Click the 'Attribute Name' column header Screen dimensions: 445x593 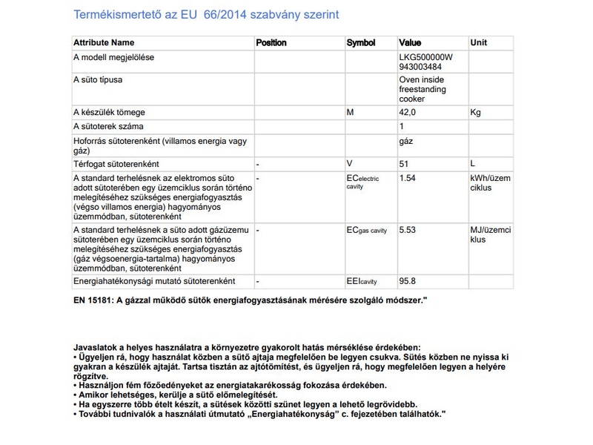click(x=104, y=43)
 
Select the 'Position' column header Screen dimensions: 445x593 click(x=271, y=43)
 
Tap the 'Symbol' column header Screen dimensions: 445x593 click(x=361, y=43)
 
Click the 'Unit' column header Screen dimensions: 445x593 click(x=479, y=43)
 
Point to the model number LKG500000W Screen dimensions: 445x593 click(x=425, y=57)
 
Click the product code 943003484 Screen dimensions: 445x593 click(x=420, y=67)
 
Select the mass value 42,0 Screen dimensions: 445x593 click(x=408, y=112)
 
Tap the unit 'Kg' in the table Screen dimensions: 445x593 click(x=476, y=112)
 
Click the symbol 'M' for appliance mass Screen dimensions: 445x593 click(x=350, y=112)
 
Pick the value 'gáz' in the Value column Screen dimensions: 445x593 click(x=406, y=140)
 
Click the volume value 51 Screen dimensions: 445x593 click(x=404, y=163)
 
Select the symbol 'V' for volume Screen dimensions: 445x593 click(x=349, y=163)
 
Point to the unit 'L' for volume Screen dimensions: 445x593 click(x=473, y=163)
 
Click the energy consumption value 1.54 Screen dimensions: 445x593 click(x=407, y=179)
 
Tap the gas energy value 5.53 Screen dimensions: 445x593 click(x=407, y=231)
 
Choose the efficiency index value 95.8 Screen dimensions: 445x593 click(x=407, y=282)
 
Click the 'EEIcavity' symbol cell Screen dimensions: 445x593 click(x=362, y=283)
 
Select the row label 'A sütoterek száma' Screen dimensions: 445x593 click(x=108, y=126)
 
